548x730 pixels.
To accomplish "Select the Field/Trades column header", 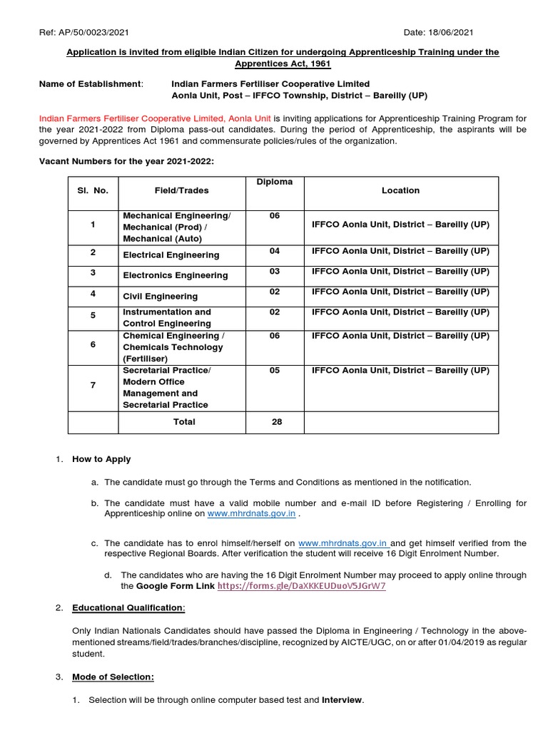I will pyautogui.click(x=182, y=190).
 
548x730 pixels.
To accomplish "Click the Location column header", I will pyautogui.click(x=400, y=190).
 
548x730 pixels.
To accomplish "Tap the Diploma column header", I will pyautogui.click(x=275, y=182).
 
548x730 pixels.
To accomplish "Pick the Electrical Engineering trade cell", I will pyautogui.click(x=171, y=255).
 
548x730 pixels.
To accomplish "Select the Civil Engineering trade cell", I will pyautogui.click(x=161, y=296).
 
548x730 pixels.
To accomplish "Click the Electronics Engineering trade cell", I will pyautogui.click(x=176, y=275).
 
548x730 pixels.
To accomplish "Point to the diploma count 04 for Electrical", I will pyautogui.click(x=275, y=251).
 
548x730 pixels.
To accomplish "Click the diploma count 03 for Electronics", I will pyautogui.click(x=275, y=272).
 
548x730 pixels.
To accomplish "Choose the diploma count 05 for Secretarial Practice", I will pyautogui.click(x=275, y=371).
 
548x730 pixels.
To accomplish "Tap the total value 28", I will pyautogui.click(x=277, y=422).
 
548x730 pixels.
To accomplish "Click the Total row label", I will pyautogui.click(x=184, y=422).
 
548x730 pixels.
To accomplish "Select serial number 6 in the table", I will pyautogui.click(x=93, y=344).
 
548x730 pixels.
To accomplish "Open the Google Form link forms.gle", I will pyautogui.click(x=301, y=586).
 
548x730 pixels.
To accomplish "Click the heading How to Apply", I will pyautogui.click(x=101, y=460).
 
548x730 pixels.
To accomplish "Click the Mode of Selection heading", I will pyautogui.click(x=113, y=677).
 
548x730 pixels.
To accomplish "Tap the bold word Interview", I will pyautogui.click(x=342, y=701).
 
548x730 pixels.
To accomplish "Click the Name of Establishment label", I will pyautogui.click(x=91, y=84).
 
